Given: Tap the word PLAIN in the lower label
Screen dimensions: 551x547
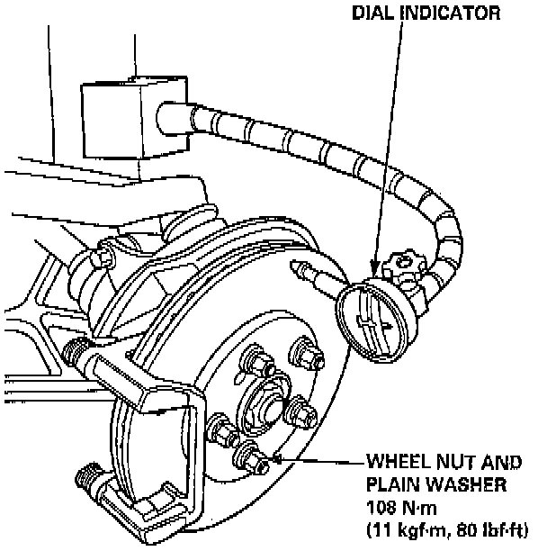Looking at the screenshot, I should pos(392,485).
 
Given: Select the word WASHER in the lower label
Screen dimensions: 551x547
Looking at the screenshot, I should pos(464,485).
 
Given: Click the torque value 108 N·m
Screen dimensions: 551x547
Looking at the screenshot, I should pos(401,506).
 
